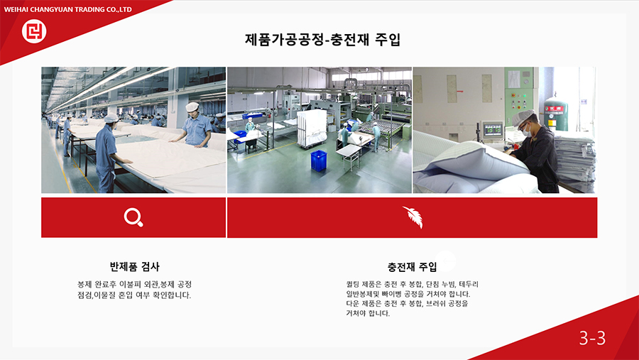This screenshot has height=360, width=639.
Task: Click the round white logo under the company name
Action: pyautogui.click(x=34, y=31)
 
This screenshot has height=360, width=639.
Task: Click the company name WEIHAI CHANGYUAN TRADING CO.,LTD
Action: pyautogui.click(x=67, y=9)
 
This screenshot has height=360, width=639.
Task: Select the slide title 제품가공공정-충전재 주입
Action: pyautogui.click(x=323, y=40)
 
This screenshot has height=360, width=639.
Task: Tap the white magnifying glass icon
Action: pyautogui.click(x=133, y=217)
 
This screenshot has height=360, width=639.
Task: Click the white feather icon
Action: pyautogui.click(x=413, y=217)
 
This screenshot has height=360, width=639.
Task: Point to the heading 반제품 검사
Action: pyautogui.click(x=134, y=267)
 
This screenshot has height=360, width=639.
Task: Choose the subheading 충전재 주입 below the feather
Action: pyautogui.click(x=412, y=267)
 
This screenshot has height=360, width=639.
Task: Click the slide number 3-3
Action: pyautogui.click(x=592, y=338)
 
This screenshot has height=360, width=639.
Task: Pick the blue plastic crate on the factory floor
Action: pyautogui.click(x=319, y=160)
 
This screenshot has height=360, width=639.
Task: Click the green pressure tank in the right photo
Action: pyautogui.click(x=556, y=114)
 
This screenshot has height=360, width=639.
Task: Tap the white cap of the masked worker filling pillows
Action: pyautogui.click(x=523, y=117)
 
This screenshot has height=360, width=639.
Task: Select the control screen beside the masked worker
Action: pyautogui.click(x=493, y=130)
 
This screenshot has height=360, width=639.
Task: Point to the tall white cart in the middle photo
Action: pyautogui.click(x=312, y=128)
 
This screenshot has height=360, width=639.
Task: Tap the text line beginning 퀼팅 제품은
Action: pyautogui.click(x=412, y=284)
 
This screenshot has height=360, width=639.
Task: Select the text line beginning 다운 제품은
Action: pyautogui.click(x=407, y=304)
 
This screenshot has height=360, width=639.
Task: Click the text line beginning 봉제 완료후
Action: pyautogui.click(x=134, y=284)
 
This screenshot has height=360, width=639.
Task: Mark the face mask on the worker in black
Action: pyautogui.click(x=527, y=131)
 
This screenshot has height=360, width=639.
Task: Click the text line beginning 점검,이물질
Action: pyautogui.click(x=134, y=295)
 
